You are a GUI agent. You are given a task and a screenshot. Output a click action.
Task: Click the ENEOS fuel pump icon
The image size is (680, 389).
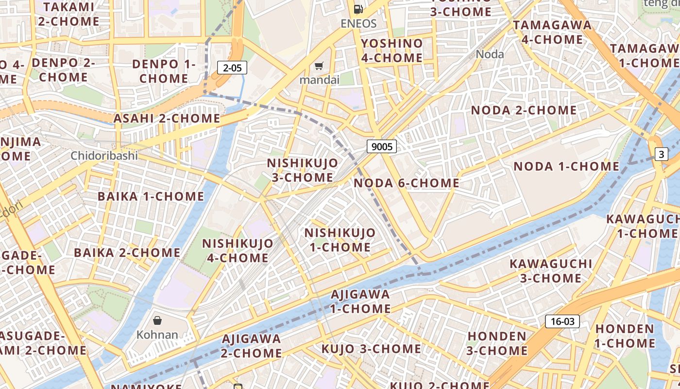pos(358,9)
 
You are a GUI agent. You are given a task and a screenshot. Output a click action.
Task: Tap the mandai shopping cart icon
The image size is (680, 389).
pos(319,66)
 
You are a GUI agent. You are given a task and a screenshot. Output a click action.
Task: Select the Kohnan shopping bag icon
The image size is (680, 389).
pos(157,320)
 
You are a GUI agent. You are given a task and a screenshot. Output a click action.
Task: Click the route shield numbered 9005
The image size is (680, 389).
pos(381,146)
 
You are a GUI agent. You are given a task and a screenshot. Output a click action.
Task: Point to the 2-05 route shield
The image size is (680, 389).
pos(232,68)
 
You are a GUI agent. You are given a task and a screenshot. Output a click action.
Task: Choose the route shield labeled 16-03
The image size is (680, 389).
pos(562,321)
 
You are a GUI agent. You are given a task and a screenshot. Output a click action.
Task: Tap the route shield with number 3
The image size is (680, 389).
pos(661,155)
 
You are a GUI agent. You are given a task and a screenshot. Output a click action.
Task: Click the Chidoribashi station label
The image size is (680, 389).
pos(104,156)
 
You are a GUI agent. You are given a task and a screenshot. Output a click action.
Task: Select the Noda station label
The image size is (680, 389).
pos(490,54)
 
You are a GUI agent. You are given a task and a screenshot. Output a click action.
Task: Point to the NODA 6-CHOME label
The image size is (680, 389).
pos(407,183)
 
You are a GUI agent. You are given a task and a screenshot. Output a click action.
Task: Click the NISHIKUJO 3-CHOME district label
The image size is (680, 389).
pos(302,170)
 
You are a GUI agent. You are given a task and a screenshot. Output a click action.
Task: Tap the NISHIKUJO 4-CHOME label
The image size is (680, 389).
pos(238,250)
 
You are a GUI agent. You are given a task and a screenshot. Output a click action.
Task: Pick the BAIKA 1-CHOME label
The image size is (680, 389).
pos(151,196)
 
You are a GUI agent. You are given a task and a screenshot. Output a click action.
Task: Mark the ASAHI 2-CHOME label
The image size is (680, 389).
pos(167,118)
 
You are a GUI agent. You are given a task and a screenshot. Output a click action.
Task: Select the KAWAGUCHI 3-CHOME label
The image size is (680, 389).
pos(551,271)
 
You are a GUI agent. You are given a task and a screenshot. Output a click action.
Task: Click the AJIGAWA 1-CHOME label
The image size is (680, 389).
pos(360,301)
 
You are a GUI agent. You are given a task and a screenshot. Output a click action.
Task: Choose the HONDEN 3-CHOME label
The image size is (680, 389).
pos(497,343)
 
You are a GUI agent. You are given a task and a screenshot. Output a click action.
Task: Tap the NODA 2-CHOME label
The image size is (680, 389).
pos(524,110)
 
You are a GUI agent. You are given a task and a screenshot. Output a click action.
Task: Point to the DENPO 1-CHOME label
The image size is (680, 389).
pos(164,71)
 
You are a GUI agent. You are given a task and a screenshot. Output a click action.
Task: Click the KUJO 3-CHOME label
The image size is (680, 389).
pos(371,349)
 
